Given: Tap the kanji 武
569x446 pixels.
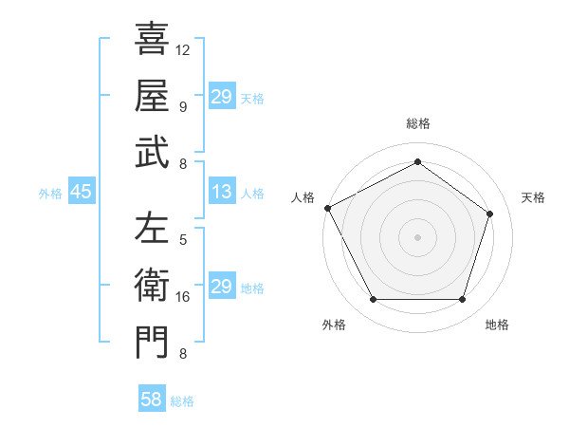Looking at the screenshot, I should pos(152,153).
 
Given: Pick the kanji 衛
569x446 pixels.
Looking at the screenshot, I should pos(152,286).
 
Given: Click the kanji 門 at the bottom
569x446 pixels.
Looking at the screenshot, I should pos(152,343).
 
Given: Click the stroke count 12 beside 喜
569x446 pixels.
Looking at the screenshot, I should pos(183,48).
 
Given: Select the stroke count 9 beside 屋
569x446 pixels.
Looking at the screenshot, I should pos(183,106).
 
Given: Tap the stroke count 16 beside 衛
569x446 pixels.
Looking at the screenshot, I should pos(183,297).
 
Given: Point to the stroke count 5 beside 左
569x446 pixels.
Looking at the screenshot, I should pos(183,239).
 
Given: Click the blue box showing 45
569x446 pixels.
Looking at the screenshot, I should pos(82,193).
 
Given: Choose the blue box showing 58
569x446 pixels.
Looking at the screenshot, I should pos(152,400).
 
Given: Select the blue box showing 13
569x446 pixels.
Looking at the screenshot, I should pos(222,193).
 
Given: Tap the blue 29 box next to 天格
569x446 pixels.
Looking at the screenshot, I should pos(222,97).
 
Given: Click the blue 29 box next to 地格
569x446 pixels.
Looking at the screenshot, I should pos(222,287).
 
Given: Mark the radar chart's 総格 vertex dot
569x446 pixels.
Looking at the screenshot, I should pos(417,161).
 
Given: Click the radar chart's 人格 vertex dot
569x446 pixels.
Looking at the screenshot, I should pos(328,207).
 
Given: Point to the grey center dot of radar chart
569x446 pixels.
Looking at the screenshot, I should pos(417,236).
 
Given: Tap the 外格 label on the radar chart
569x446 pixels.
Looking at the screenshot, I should pos(334,325).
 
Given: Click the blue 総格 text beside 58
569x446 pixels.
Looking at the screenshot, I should pos(182,401).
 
